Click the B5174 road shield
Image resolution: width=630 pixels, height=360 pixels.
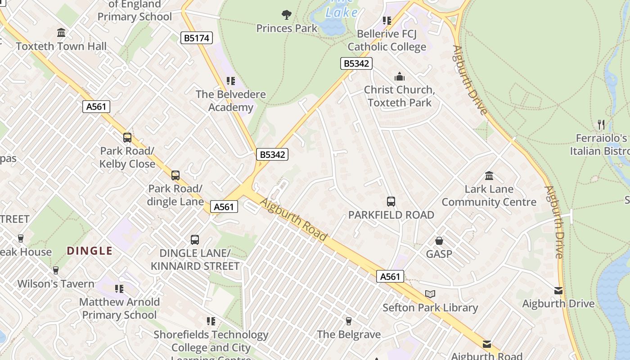pos(197,38)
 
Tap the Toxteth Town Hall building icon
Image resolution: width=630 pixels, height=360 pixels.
pos(61,33)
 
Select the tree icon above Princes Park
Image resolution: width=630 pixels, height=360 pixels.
pos(287,15)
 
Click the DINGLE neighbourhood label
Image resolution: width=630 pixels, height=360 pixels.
pos(90,251)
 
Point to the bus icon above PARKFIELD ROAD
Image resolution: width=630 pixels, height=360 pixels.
pos(391,202)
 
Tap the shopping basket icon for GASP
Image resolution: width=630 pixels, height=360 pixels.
pos(439,241)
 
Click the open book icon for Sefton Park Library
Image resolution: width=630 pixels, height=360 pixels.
pos(430,294)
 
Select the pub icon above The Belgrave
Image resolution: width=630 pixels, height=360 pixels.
pos(348,321)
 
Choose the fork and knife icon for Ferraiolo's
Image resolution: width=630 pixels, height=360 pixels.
pos(601,124)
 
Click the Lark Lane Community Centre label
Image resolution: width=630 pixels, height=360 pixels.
pos(489,195)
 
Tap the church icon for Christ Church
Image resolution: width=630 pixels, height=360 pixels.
pos(399,77)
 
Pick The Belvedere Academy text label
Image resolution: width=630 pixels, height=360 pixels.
pos(230,101)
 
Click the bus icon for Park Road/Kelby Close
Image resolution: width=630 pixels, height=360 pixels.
pos(127,138)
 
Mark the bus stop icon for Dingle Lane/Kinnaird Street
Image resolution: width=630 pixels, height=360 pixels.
pos(195,240)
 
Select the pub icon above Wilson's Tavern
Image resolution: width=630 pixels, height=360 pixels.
pos(56,270)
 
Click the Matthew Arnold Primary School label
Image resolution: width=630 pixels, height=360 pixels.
pos(119,308)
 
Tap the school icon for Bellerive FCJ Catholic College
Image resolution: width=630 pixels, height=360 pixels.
pos(387,21)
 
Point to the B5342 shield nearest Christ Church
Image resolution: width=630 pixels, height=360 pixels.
pos(356,63)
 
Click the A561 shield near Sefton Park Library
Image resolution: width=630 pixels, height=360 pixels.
pos(390,276)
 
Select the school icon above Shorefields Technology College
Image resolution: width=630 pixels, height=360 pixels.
pos(211,321)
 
